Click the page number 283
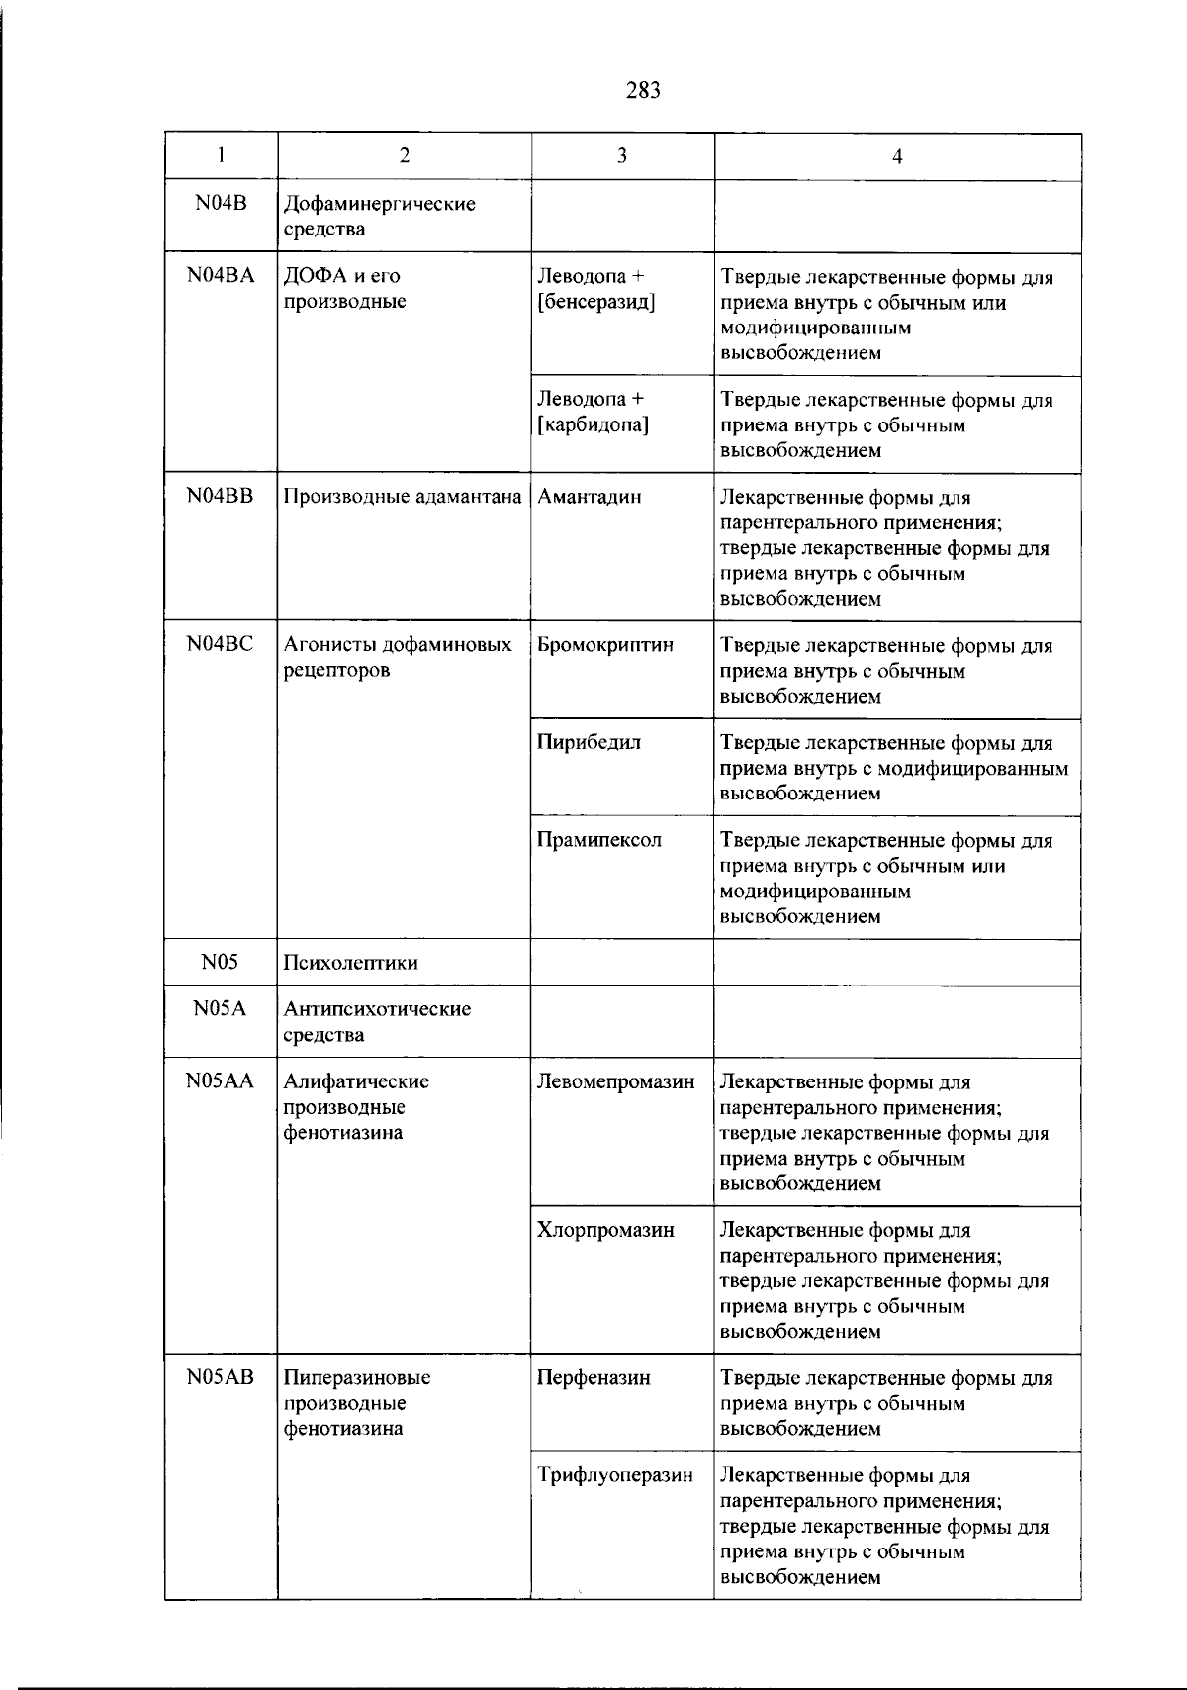pyautogui.click(x=643, y=91)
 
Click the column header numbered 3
pyautogui.click(x=622, y=155)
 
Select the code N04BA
pyautogui.click(x=220, y=276)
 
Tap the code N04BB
pyautogui.click(x=220, y=497)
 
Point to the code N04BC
pyautogui.click(x=220, y=644)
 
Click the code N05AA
pyautogui.click(x=220, y=1081)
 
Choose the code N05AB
pyautogui.click(x=220, y=1377)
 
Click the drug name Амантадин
pyautogui.click(x=590, y=497)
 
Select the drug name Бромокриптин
pyautogui.click(x=605, y=645)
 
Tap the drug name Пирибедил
pyautogui.click(x=589, y=742)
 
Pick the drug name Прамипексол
pyautogui.click(x=599, y=840)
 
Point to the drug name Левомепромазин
pyautogui.click(x=615, y=1082)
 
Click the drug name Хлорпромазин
pyautogui.click(x=605, y=1230)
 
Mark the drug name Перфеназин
pyautogui.click(x=593, y=1377)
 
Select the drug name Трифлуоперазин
pyautogui.click(x=615, y=1475)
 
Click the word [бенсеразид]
pyautogui.click(x=596, y=302)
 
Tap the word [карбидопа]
pyautogui.click(x=593, y=424)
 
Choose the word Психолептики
pyautogui.click(x=350, y=963)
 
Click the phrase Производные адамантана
pyautogui.click(x=403, y=497)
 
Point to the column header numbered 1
pyautogui.click(x=221, y=155)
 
